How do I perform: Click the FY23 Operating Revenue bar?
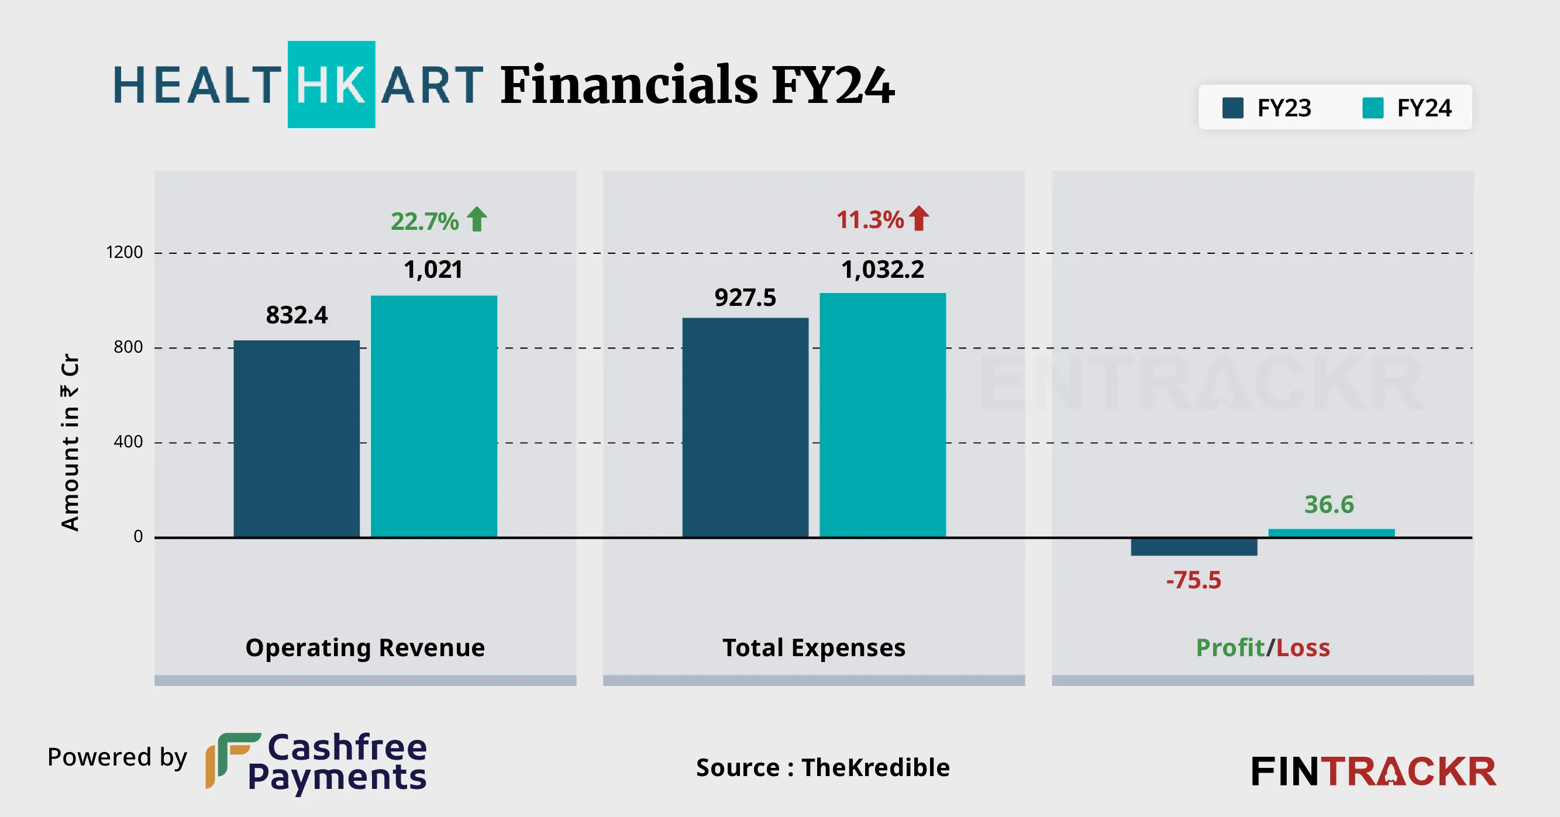coord(296,439)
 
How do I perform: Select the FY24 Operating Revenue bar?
coord(433,416)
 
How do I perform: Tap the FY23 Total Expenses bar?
coord(745,427)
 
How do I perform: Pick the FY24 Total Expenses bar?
coord(882,415)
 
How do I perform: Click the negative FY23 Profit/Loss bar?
coord(1194,547)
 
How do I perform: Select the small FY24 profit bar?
coord(1331,533)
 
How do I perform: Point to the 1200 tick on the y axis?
coord(125,252)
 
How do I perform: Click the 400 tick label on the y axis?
coord(128,442)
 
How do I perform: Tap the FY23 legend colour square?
coord(1232,108)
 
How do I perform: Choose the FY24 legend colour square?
coord(1372,108)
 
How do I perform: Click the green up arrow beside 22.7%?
coord(477,219)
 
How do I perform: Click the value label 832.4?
coord(297,315)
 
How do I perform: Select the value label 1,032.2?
coord(882,270)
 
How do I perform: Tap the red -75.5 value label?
coord(1194,580)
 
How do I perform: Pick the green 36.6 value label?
coord(1329,505)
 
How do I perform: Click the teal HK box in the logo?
coord(331,85)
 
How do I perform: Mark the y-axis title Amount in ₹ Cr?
coord(70,442)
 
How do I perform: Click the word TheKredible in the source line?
coord(876,767)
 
